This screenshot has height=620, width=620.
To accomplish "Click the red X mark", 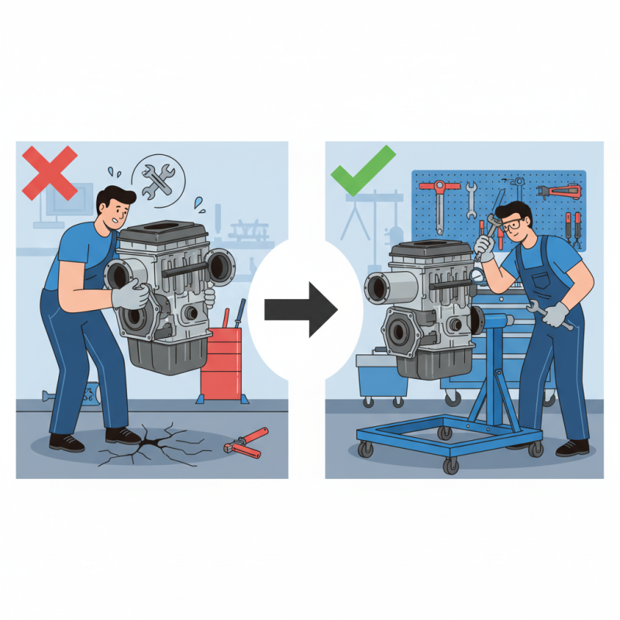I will point(49,172).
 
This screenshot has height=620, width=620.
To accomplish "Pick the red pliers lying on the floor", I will point(246,440).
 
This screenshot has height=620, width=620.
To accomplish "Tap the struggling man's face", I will point(119,210).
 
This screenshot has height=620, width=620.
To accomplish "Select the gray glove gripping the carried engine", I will point(132,294).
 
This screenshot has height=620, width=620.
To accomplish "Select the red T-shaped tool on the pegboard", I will point(439,198).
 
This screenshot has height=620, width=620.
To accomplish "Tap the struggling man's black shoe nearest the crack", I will point(123,435).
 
